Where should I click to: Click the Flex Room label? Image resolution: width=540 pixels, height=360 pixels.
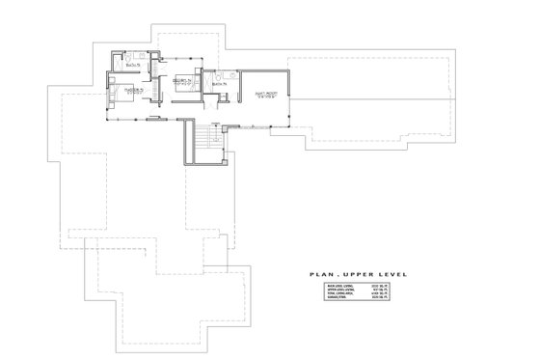click(267, 95)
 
